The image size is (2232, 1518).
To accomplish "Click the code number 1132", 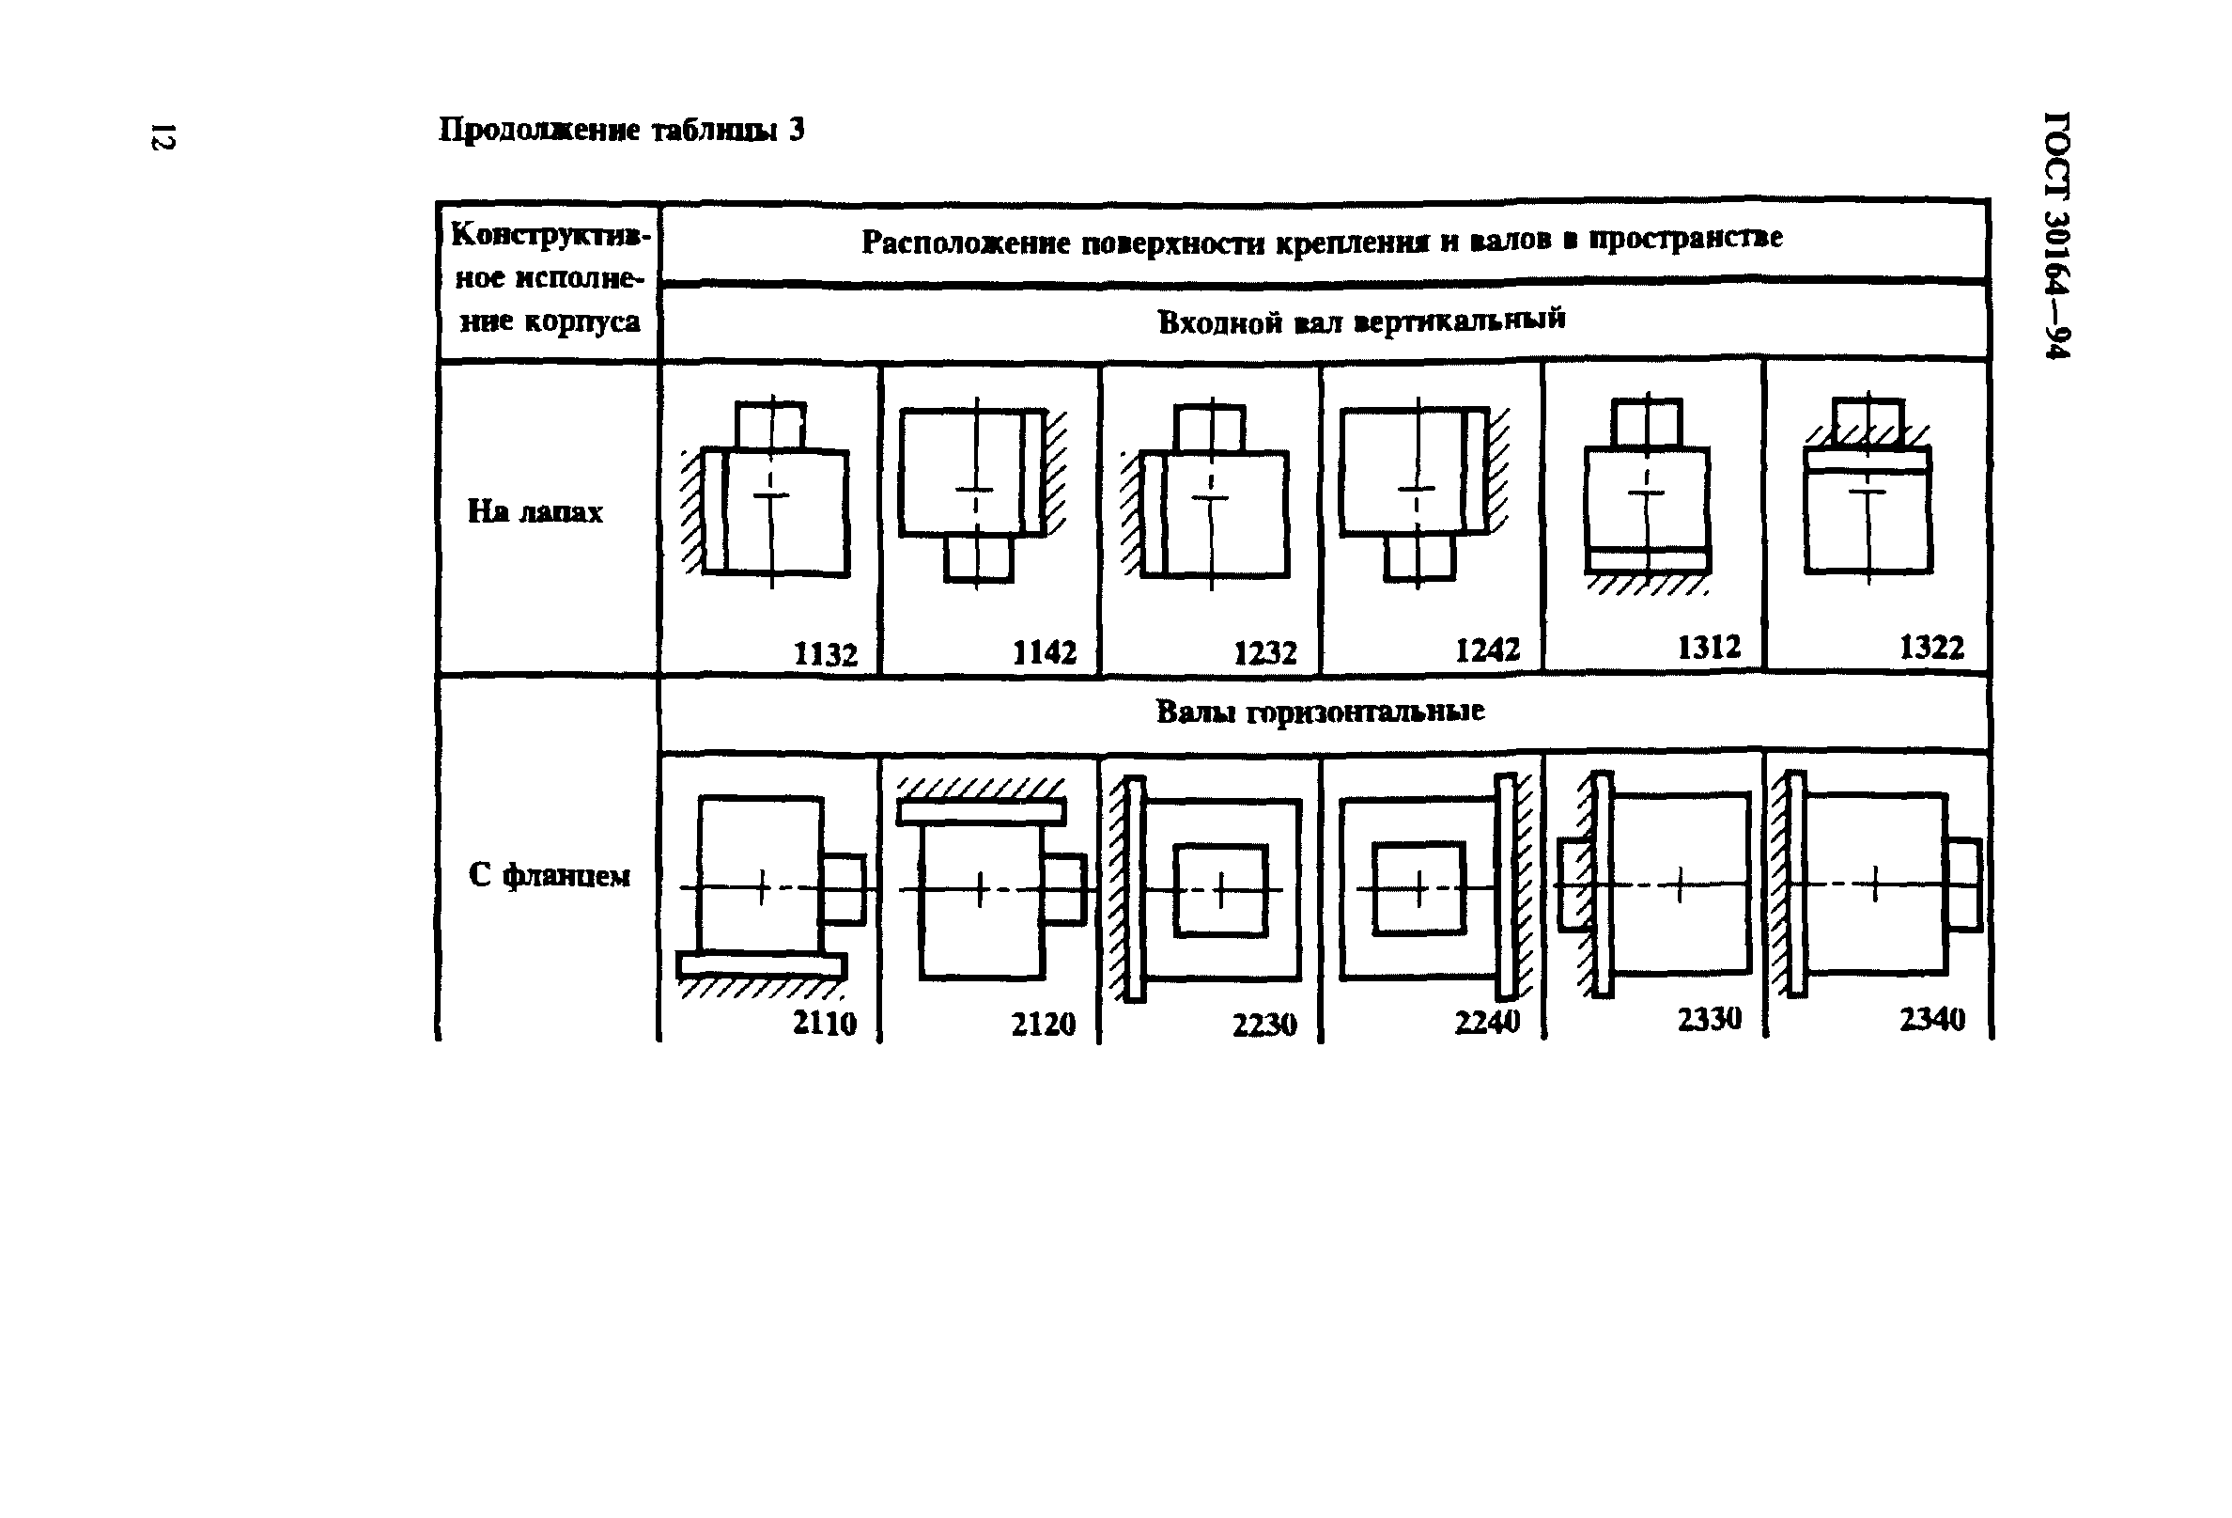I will [825, 654].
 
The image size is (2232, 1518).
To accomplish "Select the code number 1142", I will [1044, 653].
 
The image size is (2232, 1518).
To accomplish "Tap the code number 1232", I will [1264, 653].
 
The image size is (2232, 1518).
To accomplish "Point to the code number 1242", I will [1487, 651].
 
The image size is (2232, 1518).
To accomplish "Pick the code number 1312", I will [1709, 648].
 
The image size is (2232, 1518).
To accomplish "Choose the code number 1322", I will [1931, 648].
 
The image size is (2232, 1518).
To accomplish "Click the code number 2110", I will [824, 1024].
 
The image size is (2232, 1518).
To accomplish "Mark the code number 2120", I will [1043, 1025].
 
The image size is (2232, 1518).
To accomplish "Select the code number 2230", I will [1263, 1025].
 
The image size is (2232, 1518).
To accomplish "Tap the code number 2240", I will [1487, 1023].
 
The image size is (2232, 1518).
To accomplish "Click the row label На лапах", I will [535, 512].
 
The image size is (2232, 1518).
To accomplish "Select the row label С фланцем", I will [549, 875].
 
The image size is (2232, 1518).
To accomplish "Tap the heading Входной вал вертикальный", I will [1361, 321].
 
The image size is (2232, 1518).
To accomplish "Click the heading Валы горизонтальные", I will [1320, 712].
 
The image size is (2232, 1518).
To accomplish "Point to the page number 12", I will [163, 136].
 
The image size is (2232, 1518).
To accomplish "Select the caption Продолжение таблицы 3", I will [621, 130].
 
